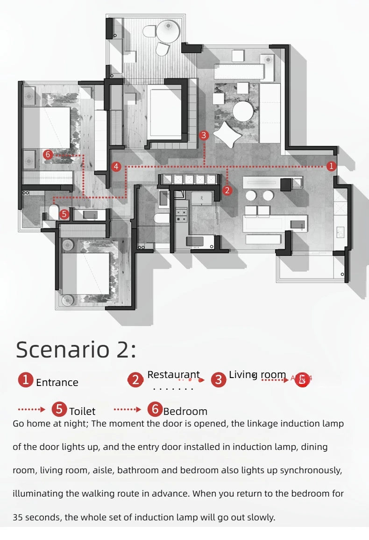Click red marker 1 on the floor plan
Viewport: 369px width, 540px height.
[331, 166]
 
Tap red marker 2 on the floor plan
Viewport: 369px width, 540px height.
[227, 190]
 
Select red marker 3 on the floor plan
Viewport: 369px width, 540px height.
[204, 135]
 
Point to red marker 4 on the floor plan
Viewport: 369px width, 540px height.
[116, 166]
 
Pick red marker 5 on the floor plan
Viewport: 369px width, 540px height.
[64, 214]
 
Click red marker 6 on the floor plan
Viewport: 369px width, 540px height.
[47, 154]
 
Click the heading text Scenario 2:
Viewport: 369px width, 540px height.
[76, 350]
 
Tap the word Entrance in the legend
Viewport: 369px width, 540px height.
[57, 382]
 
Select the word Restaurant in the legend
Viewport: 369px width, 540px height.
[173, 375]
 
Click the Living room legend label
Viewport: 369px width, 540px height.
[257, 375]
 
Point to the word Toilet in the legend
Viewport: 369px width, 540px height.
[82, 411]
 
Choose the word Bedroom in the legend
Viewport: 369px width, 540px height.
[185, 411]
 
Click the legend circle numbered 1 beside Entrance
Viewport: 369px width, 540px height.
[26, 380]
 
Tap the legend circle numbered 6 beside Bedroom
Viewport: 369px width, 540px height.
[155, 409]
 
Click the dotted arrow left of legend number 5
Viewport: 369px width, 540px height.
[31, 409]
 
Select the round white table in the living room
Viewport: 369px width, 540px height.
[245, 111]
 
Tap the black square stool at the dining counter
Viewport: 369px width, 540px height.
[285, 184]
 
